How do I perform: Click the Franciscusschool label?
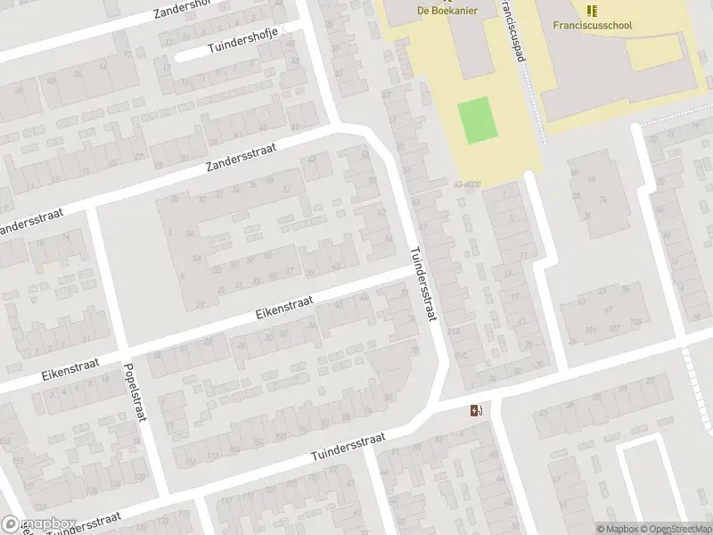pyautogui.click(x=592, y=25)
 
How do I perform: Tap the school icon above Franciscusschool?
pyautogui.click(x=592, y=10)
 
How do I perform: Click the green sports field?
pyautogui.click(x=475, y=120)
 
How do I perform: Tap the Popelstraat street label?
pyautogui.click(x=135, y=392)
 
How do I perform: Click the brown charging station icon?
pyautogui.click(x=476, y=410)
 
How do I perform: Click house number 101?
pyautogui.click(x=589, y=329)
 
